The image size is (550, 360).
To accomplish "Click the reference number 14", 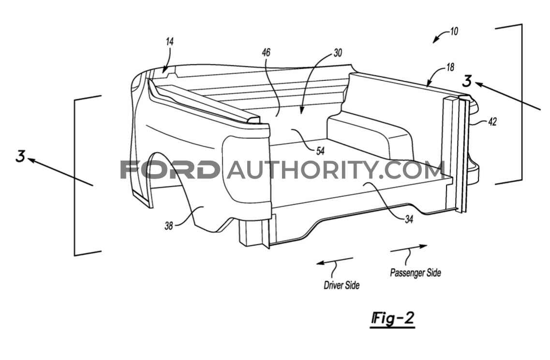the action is [x=170, y=42].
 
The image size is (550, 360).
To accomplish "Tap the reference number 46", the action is [x=266, y=52].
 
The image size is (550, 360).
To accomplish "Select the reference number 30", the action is [x=338, y=53].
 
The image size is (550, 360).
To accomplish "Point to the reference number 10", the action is [x=454, y=31].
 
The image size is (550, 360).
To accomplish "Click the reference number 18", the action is [x=450, y=67].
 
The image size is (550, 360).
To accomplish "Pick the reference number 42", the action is [x=492, y=122].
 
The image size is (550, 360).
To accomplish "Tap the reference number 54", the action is [x=320, y=151].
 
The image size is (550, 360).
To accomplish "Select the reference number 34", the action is [x=409, y=219].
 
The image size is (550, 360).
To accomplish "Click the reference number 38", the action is [x=169, y=225].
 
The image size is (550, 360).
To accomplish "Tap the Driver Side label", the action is [x=342, y=285].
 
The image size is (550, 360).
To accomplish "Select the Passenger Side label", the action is [x=416, y=272].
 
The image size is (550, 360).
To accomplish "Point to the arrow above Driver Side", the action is [x=335, y=261].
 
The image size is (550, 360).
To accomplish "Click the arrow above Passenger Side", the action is [x=409, y=248].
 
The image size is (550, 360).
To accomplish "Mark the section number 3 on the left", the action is [x=21, y=156].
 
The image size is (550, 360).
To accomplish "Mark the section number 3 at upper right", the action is [x=467, y=81].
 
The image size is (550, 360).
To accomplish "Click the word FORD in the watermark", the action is [x=168, y=169].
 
